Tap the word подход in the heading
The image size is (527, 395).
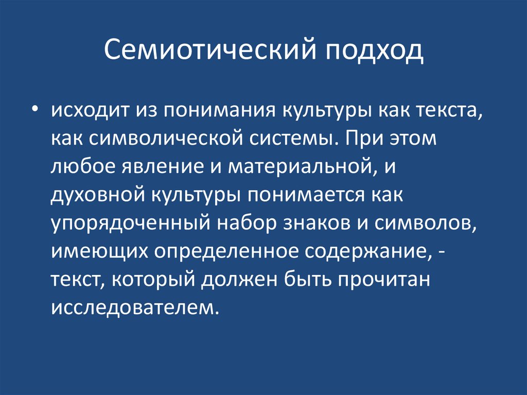(x=374, y=52)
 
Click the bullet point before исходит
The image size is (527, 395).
(x=34, y=96)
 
